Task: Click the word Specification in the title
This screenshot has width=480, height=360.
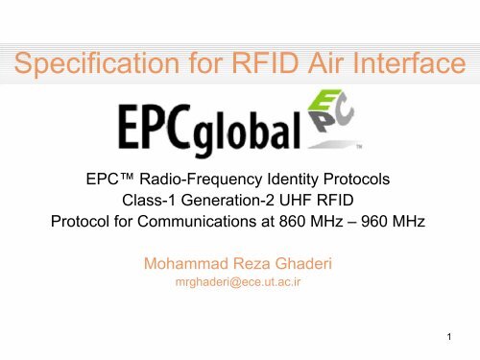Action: point(84,65)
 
